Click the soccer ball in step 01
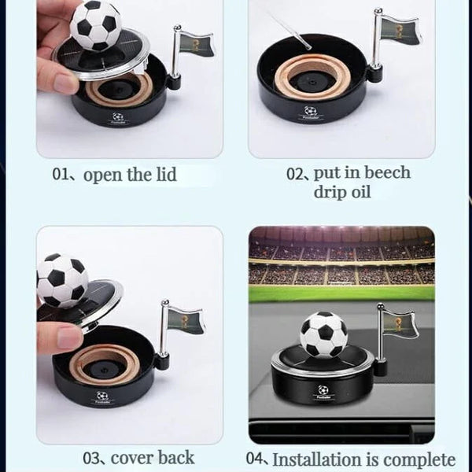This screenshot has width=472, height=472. [x=95, y=24]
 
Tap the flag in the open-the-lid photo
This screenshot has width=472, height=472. [x=194, y=42]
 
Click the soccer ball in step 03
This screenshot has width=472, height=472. [x=62, y=280]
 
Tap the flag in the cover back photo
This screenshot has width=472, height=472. [x=186, y=320]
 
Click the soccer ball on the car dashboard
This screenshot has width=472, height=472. [x=323, y=334]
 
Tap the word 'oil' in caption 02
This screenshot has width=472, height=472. [x=360, y=193]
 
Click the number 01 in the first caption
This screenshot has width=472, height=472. [x=61, y=175]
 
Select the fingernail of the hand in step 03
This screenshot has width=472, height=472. [x=69, y=337]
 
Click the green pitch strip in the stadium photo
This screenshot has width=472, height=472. [x=341, y=293]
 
